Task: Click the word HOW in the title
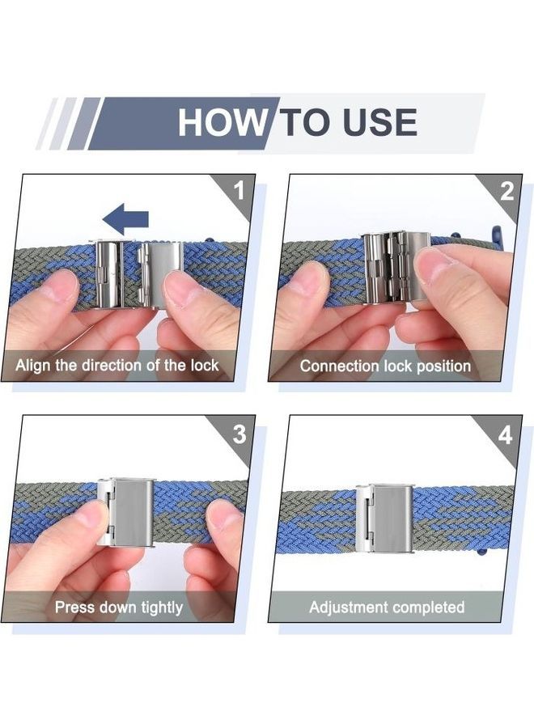[x=222, y=122]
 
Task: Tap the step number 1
[x=239, y=190]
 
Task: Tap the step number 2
[x=507, y=191]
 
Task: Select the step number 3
[x=239, y=434]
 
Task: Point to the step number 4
[x=505, y=435]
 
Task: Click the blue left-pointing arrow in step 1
[x=125, y=218]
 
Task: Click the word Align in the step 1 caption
[x=33, y=366]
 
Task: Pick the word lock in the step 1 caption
[x=205, y=365]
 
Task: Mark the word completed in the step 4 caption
[x=428, y=607]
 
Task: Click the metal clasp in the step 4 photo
[x=384, y=518]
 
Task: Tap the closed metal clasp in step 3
[x=125, y=512]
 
